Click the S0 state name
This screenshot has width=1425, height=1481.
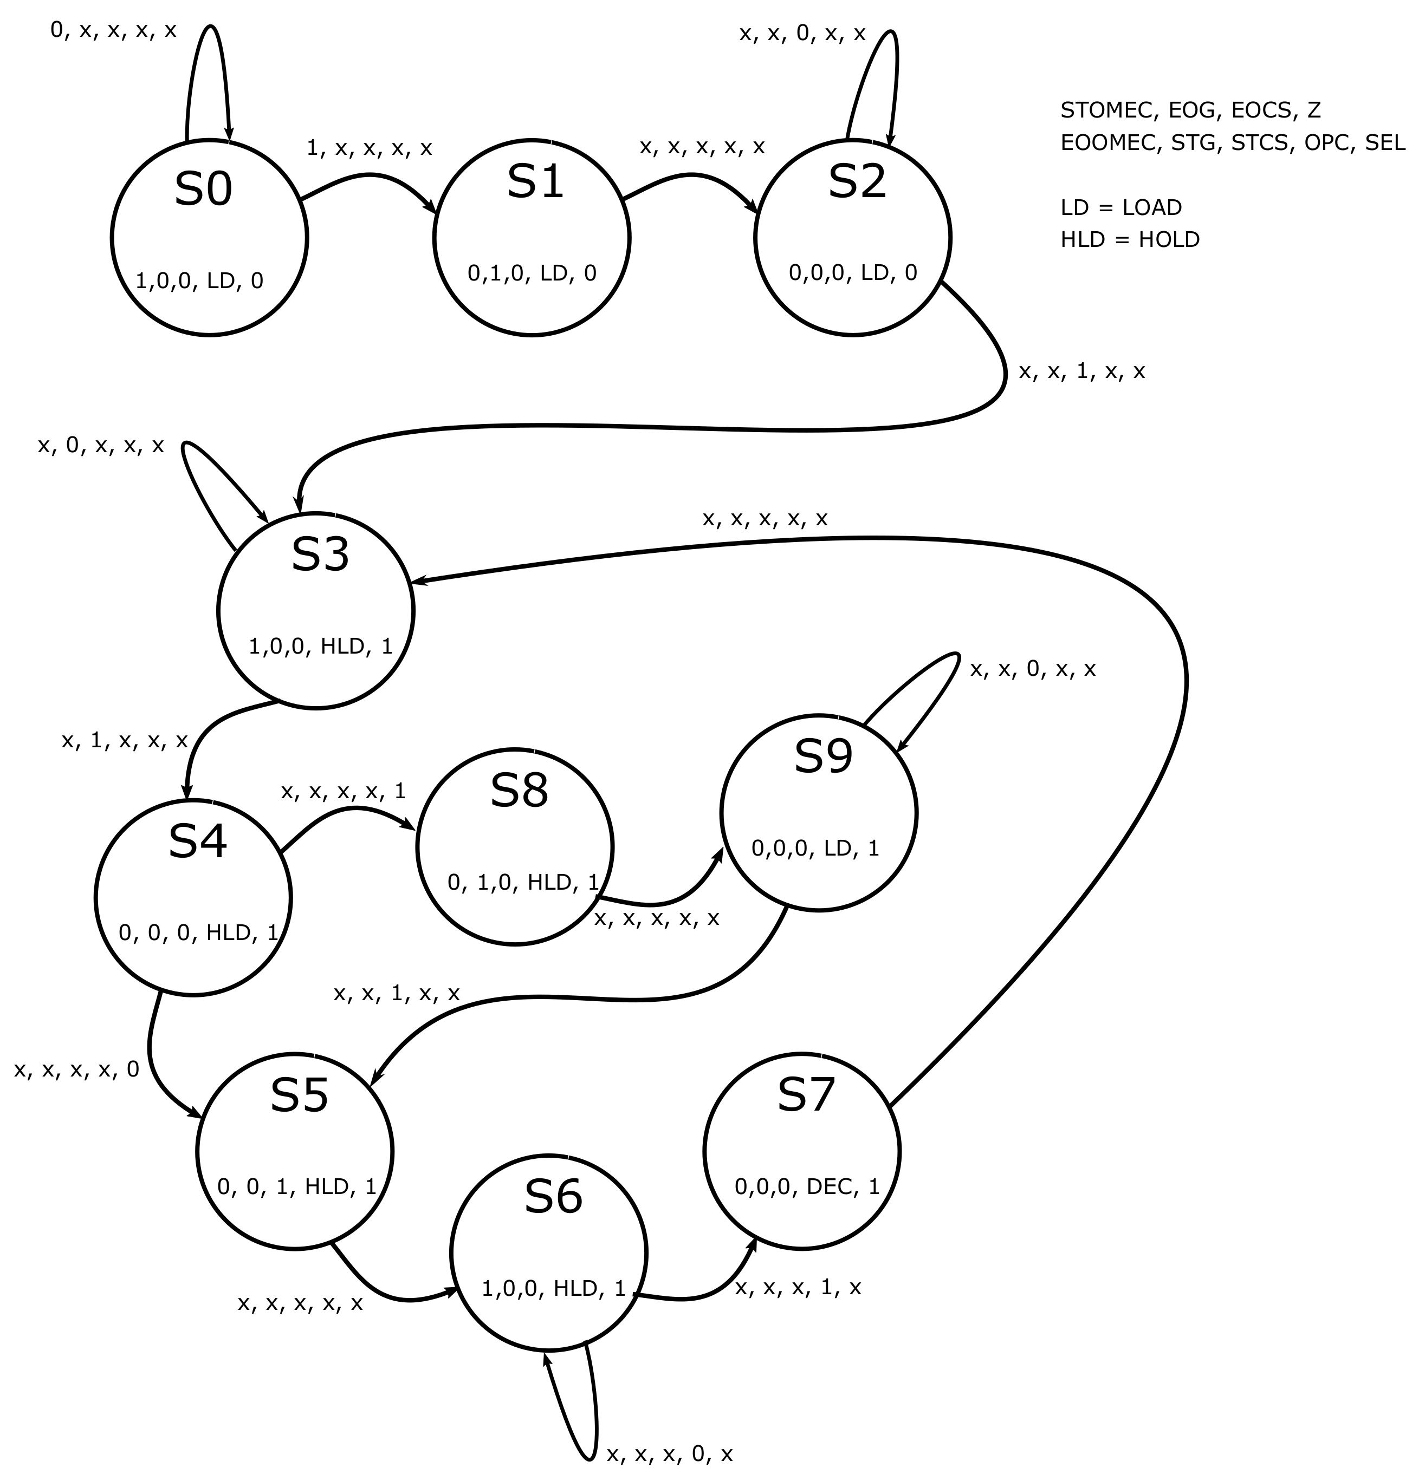pos(203,190)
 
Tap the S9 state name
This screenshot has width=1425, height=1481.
pos(822,755)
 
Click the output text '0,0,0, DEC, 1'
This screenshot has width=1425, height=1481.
pos(807,1186)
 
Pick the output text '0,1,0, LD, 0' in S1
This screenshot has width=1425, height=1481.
pos(532,273)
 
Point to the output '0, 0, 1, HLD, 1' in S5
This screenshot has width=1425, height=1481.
pos(296,1186)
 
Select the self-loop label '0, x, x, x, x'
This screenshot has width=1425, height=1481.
pos(113,30)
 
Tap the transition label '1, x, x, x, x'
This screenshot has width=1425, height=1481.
pos(369,148)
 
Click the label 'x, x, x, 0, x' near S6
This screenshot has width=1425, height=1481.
pos(669,1454)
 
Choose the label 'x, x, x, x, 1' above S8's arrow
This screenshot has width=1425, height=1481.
pos(343,791)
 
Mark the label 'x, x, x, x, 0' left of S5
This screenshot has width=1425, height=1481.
pos(76,1069)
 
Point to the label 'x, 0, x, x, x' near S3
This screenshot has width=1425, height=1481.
pos(101,446)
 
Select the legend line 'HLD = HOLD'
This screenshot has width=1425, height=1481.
pos(1129,239)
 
